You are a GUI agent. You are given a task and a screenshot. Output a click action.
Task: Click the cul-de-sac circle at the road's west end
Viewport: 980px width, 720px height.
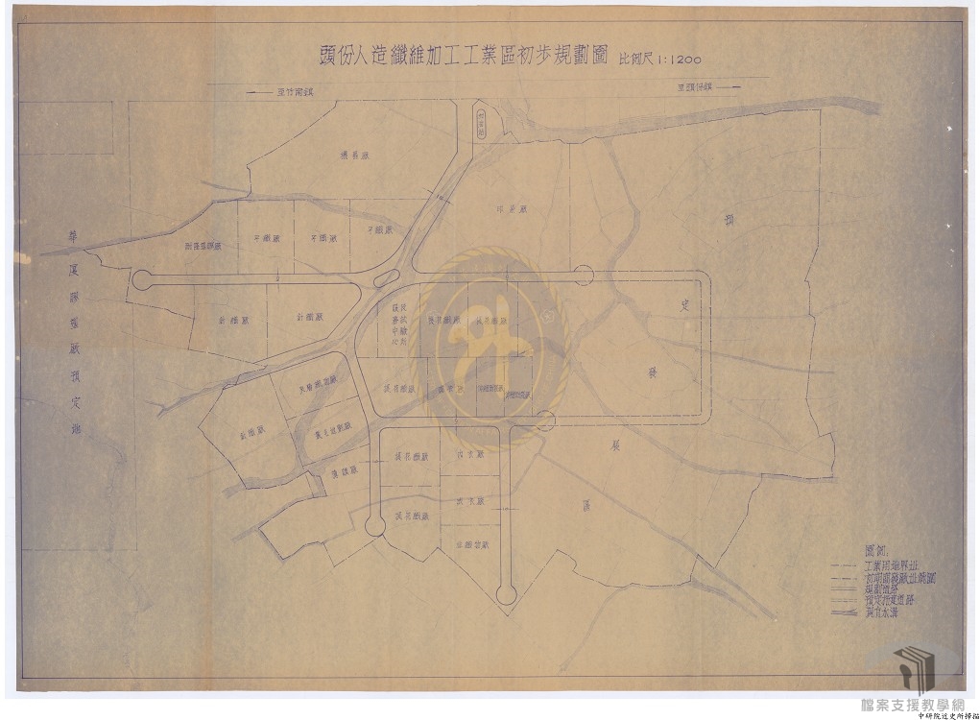pos(142,280)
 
